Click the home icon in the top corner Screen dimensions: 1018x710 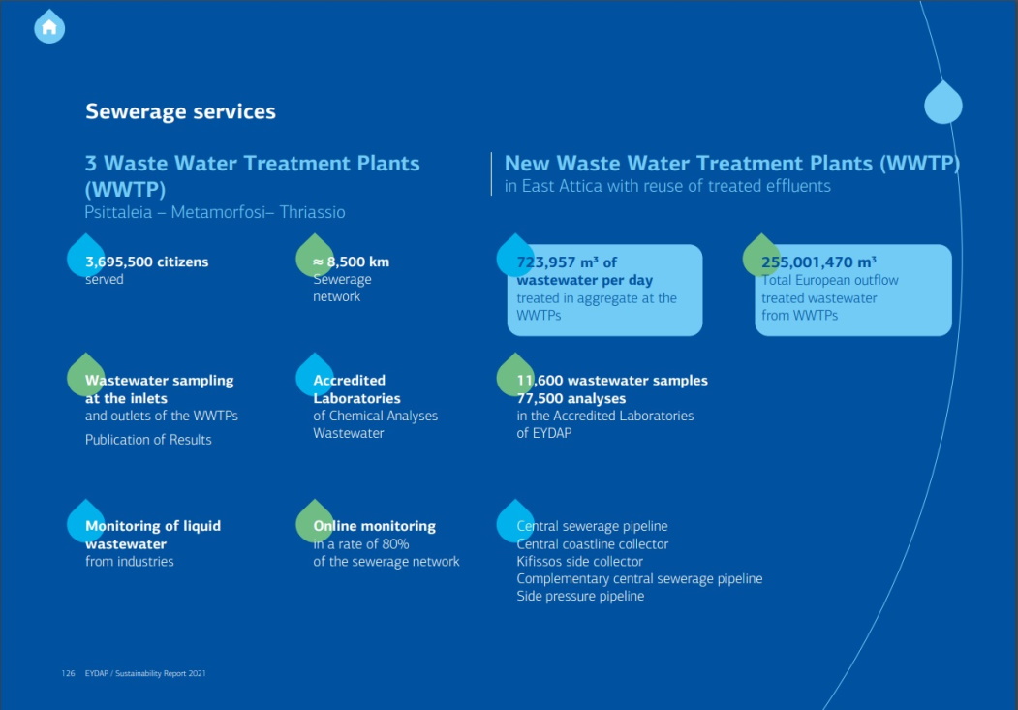pyautogui.click(x=49, y=27)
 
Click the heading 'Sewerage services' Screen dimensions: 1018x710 pyautogui.click(x=180, y=111)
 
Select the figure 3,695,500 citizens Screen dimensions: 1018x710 pyautogui.click(x=146, y=262)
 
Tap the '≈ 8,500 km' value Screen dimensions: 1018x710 pyautogui.click(x=352, y=262)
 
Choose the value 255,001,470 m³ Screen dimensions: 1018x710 pyautogui.click(x=818, y=262)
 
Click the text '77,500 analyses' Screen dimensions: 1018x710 pyautogui.click(x=571, y=398)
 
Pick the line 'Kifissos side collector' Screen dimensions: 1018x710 pyautogui.click(x=580, y=562)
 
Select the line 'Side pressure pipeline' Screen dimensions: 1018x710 pyautogui.click(x=580, y=596)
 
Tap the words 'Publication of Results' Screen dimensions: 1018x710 pyautogui.click(x=148, y=440)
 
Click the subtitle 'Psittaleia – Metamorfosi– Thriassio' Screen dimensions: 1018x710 pyautogui.click(x=215, y=212)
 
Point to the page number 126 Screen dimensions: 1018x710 pyautogui.click(x=68, y=673)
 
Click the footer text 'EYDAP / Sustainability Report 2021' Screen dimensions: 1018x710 pyautogui.click(x=145, y=673)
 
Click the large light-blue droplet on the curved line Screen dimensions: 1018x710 pyautogui.click(x=943, y=103)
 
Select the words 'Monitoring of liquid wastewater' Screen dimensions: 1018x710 pyautogui.click(x=153, y=535)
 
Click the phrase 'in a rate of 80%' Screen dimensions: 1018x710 pyautogui.click(x=361, y=543)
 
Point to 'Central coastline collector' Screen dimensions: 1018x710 pyautogui.click(x=592, y=543)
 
